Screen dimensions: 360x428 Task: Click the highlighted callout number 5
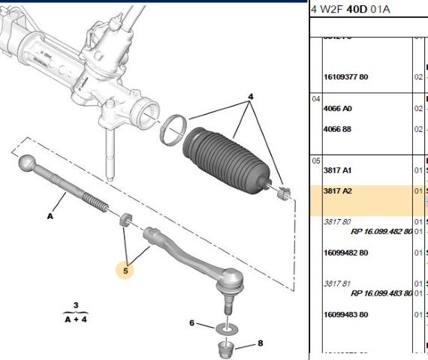125,269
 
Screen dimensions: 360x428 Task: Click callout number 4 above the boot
251,97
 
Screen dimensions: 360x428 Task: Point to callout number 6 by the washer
191,323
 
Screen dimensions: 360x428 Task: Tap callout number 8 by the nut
261,343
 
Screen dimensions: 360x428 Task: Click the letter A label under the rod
50,216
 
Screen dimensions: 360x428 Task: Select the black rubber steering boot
226,157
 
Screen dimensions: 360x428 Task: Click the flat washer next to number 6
225,328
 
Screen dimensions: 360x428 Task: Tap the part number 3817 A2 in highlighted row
337,191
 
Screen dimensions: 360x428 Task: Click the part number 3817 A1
337,170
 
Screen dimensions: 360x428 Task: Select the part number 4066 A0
337,109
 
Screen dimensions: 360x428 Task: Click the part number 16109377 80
345,77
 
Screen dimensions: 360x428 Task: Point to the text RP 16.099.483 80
381,292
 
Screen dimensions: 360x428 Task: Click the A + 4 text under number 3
75,318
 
